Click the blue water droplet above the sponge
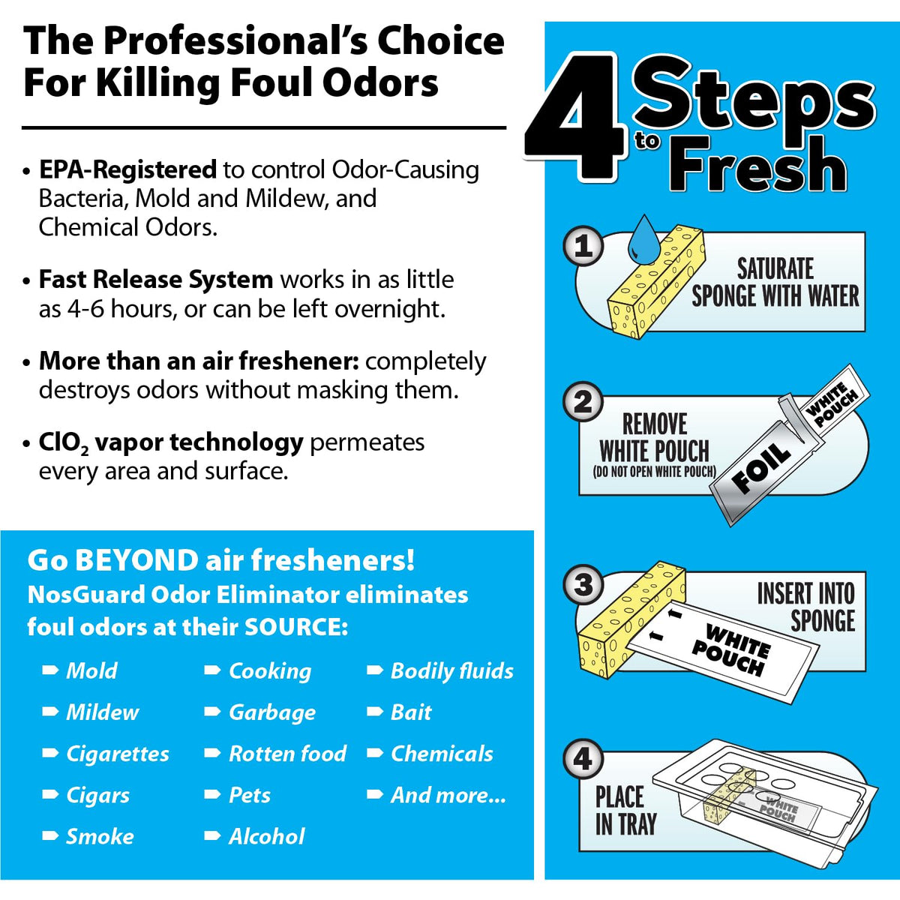pos(643,239)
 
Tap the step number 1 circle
pos(583,246)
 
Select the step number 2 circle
pos(583,402)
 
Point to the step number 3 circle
pos(583,584)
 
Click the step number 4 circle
pos(583,760)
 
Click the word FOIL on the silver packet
pos(762,468)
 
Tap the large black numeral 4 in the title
pos(574,117)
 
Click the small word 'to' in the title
pos(647,140)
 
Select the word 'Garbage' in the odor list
pos(272,713)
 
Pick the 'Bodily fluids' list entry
pos(452,671)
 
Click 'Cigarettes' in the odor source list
pos(118,754)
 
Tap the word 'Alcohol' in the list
pos(267,836)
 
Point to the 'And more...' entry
pos(448,795)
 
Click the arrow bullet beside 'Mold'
pos(50,670)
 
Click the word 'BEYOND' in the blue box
pos(136,560)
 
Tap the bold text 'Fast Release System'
pos(156,280)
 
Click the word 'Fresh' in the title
pos(757,164)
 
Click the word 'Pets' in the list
pos(250,796)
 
